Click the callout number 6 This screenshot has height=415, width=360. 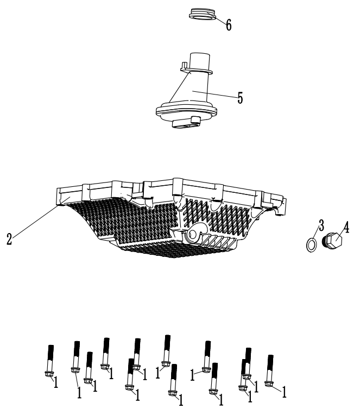229,24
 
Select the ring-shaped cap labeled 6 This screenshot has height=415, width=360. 202,14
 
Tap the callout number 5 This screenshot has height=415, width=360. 239,98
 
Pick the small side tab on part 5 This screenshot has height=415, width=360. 183,66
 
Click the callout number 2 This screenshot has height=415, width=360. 9,238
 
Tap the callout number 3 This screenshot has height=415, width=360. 321,224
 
